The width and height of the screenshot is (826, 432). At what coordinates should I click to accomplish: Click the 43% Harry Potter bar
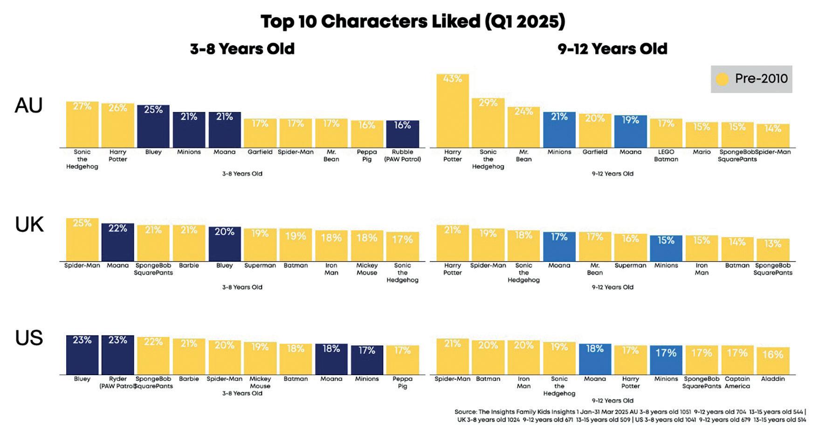[452, 111]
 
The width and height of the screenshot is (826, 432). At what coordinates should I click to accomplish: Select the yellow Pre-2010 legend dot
[722, 79]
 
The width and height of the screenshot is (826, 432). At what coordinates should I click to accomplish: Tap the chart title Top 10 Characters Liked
[413, 21]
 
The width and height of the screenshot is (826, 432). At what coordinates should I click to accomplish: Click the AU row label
[28, 105]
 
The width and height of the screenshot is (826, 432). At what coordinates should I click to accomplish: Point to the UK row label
[29, 225]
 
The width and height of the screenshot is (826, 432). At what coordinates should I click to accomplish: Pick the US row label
[29, 338]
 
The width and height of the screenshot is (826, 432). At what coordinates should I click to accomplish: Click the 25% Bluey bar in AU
[153, 126]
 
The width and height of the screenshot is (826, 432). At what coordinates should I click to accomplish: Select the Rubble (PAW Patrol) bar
[402, 134]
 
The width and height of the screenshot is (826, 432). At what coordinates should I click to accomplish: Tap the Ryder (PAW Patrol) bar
[117, 355]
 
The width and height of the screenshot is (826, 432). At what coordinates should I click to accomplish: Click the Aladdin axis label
[772, 379]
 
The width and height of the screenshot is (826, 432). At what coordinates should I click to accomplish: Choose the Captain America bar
[737, 360]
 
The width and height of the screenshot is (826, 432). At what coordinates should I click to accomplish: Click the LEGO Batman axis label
[666, 155]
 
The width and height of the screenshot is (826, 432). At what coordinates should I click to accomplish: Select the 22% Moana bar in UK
[117, 242]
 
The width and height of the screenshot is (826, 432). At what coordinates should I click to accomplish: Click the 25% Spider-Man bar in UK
[82, 240]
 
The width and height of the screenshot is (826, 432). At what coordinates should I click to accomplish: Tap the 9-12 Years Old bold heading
[612, 49]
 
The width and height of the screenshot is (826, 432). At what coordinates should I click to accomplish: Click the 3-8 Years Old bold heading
[242, 49]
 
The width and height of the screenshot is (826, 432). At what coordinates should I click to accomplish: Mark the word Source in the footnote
[465, 412]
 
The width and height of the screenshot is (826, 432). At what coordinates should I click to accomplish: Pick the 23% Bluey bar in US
[82, 355]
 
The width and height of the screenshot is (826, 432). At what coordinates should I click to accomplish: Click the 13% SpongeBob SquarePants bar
[772, 250]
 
